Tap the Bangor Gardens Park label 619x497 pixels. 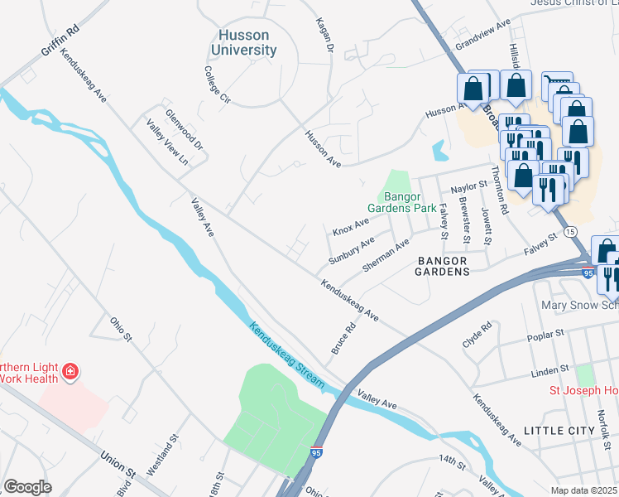[x=402, y=202]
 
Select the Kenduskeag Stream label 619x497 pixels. [x=289, y=356]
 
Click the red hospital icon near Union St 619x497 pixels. [x=71, y=370]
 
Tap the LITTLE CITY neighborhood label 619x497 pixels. [x=559, y=431]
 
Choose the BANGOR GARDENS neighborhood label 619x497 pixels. [x=442, y=265]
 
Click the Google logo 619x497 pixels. [x=28, y=487]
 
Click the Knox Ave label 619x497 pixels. [x=351, y=225]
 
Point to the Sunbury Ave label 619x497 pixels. [x=352, y=249]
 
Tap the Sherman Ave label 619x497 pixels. [x=386, y=256]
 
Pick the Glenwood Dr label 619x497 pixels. [x=184, y=129]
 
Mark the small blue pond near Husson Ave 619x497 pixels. [x=439, y=151]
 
